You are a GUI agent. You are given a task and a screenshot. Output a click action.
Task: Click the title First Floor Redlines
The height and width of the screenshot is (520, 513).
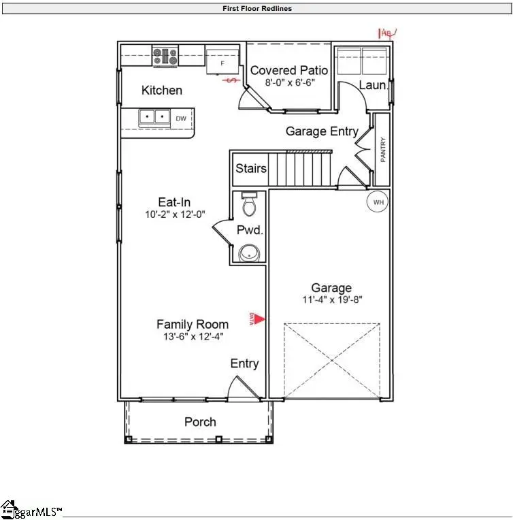tap(257, 9)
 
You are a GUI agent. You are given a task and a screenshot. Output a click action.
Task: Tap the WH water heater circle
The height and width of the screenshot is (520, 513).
tap(378, 201)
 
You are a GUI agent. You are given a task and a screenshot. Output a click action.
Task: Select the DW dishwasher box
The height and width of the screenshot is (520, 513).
tap(181, 118)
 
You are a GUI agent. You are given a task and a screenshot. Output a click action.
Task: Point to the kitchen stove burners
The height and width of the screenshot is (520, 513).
tap(165, 56)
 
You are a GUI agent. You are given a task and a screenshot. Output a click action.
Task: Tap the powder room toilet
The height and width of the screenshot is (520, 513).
tap(249, 204)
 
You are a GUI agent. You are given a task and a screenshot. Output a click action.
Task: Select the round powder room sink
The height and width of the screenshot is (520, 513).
tap(250, 254)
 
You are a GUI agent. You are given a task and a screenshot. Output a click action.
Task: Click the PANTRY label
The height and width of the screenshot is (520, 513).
tap(383, 150)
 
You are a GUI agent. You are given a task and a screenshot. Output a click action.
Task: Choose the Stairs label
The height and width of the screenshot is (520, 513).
tap(250, 168)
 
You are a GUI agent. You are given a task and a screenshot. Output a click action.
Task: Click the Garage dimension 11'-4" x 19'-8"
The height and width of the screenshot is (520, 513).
tap(331, 299)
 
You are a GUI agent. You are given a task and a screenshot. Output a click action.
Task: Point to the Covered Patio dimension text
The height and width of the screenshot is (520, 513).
tap(289, 83)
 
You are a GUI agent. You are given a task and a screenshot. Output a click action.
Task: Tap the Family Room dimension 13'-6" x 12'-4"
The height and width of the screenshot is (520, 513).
tap(193, 336)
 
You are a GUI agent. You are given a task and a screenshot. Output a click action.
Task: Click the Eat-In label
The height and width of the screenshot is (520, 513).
tap(174, 201)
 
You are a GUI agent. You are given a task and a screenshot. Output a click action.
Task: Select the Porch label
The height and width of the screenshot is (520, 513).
tap(200, 422)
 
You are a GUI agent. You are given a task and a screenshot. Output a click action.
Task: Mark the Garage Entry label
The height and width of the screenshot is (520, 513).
tap(321, 131)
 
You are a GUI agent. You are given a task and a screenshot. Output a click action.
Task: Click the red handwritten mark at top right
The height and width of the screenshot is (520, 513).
tap(387, 31)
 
